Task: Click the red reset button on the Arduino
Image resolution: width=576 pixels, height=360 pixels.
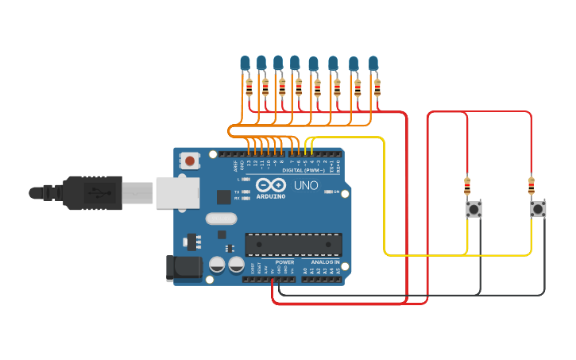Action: point(190,161)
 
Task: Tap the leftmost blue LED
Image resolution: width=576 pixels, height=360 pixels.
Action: point(245,63)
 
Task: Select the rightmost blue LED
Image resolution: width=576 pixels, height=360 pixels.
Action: point(373,63)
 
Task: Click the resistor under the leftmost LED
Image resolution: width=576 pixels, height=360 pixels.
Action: point(249,87)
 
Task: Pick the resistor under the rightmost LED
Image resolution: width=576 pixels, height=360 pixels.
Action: point(377,87)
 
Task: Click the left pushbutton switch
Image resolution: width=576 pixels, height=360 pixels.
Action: point(474,209)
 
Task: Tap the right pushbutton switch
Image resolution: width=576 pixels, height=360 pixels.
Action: point(538,209)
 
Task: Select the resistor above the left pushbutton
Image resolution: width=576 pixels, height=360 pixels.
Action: point(467,187)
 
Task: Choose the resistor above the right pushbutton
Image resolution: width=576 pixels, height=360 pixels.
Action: point(532,187)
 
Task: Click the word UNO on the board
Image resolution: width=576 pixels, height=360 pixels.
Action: point(306,185)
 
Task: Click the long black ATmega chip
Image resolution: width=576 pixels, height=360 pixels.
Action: point(293,245)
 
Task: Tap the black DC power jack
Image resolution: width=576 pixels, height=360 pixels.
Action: point(184,268)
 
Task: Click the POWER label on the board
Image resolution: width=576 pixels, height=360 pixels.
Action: point(284,261)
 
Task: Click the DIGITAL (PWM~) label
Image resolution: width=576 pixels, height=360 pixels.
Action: point(289,169)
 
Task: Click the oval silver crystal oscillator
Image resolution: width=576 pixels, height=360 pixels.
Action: point(221,219)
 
